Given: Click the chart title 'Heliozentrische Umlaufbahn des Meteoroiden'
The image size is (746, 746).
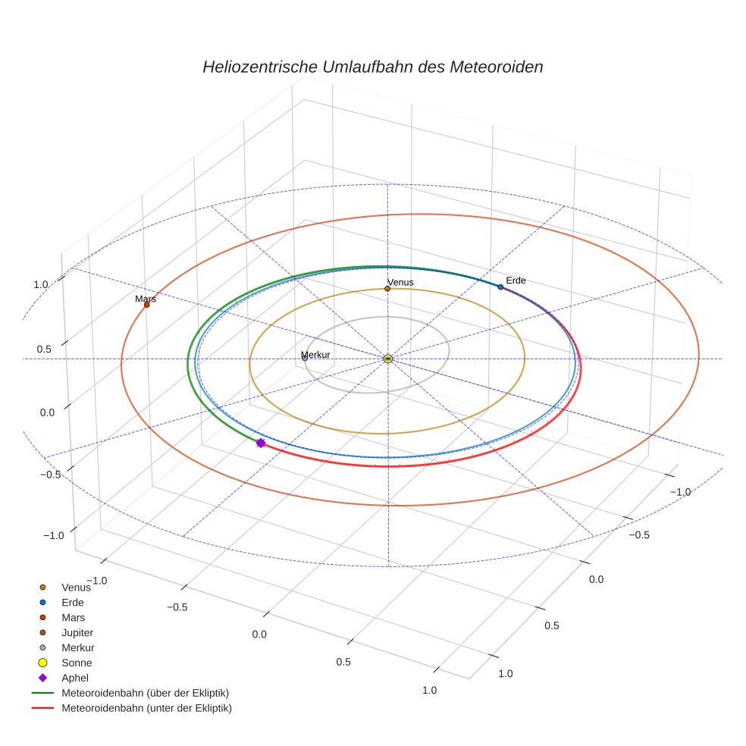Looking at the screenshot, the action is pyautogui.click(x=373, y=67).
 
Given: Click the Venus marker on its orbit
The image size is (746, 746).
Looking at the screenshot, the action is pyautogui.click(x=387, y=289).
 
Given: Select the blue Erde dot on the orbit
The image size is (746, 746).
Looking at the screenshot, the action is pyautogui.click(x=500, y=287).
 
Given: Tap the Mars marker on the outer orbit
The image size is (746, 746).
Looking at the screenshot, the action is pyautogui.click(x=146, y=305).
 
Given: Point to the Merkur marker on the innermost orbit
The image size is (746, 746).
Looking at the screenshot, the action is pyautogui.click(x=305, y=358).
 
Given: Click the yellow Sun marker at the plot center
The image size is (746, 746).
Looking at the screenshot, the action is pyautogui.click(x=387, y=359).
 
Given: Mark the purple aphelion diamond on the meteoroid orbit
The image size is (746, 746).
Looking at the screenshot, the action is pyautogui.click(x=261, y=443).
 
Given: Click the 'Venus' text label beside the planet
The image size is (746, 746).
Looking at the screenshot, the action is pyautogui.click(x=400, y=282).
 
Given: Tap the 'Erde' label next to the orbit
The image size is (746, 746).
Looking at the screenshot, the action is pyautogui.click(x=516, y=281).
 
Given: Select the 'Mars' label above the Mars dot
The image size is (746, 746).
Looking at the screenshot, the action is pyautogui.click(x=146, y=299).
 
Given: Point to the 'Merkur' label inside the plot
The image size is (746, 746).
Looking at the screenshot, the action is pyautogui.click(x=316, y=355).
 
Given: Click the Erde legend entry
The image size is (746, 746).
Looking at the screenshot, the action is pyautogui.click(x=61, y=602).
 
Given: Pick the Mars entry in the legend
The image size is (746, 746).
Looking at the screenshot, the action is pyautogui.click(x=62, y=618).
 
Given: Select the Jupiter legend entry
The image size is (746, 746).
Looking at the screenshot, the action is pyautogui.click(x=66, y=633).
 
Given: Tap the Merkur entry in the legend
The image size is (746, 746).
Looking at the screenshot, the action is pyautogui.click(x=67, y=647).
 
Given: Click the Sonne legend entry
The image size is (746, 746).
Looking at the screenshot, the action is pyautogui.click(x=65, y=663).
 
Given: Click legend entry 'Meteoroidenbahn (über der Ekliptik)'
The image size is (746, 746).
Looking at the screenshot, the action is pyautogui.click(x=130, y=693).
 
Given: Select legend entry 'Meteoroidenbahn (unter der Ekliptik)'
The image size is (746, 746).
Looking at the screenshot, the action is pyautogui.click(x=132, y=708).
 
